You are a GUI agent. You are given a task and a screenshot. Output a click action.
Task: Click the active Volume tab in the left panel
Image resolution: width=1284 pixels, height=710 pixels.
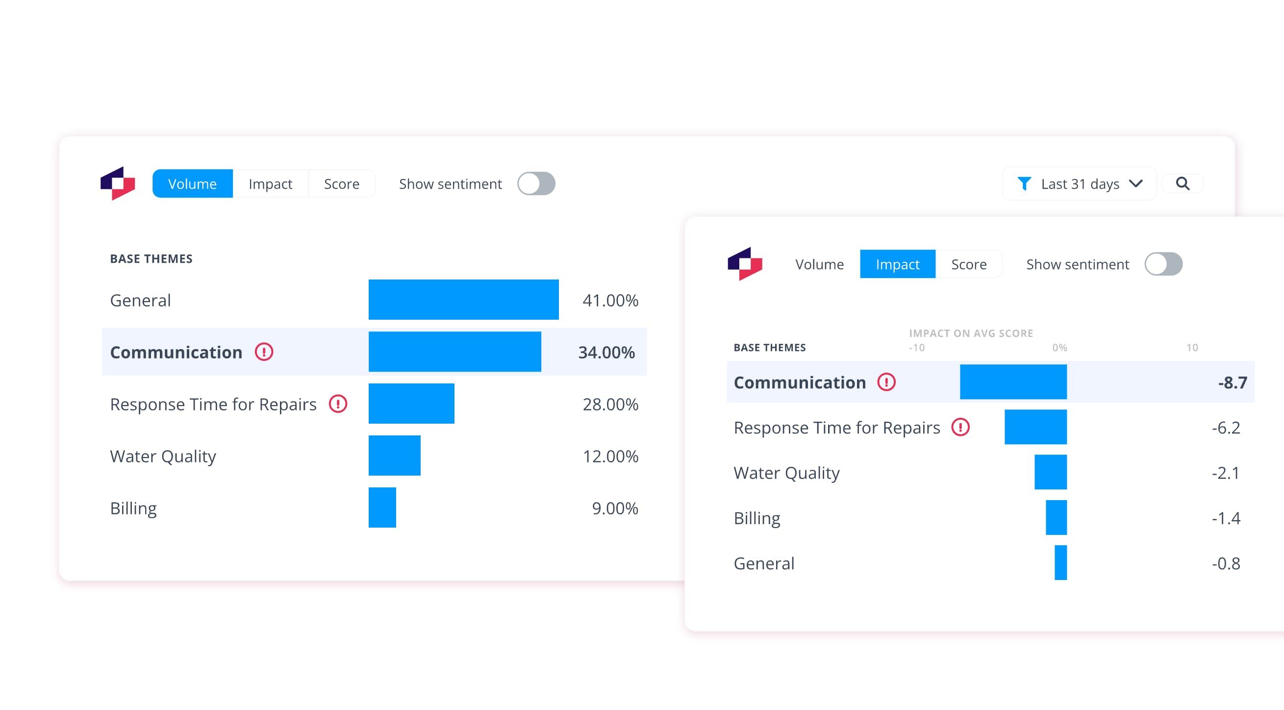point(192,184)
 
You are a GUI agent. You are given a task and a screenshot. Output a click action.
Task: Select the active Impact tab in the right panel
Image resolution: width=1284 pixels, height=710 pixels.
point(897,264)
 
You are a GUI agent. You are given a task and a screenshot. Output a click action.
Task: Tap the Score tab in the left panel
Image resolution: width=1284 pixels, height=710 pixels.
point(341,184)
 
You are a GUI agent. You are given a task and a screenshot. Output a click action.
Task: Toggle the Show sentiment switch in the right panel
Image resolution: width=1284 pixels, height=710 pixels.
point(1163,264)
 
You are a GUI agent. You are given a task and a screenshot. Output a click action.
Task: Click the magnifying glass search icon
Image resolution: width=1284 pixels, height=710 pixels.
point(1183,184)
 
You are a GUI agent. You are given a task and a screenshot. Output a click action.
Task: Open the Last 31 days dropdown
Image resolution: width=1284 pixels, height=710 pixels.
point(1079,184)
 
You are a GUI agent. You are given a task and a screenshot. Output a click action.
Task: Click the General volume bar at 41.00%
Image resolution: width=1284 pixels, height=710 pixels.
point(463,300)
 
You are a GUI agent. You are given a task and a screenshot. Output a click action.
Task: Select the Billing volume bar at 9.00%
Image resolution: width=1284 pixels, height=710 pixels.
point(382,507)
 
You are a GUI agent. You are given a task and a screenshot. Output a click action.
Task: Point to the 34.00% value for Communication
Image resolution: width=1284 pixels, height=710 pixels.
point(606,353)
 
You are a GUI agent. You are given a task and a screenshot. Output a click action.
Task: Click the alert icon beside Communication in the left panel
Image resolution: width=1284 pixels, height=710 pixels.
point(264,352)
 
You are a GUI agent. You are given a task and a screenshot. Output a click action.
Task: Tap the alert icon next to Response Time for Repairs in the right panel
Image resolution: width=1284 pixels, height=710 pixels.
point(960,427)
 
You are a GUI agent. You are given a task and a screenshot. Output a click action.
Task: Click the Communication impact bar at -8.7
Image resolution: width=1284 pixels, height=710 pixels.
point(1013,382)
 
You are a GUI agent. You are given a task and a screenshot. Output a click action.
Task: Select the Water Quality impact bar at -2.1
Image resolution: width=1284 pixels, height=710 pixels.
point(1050,472)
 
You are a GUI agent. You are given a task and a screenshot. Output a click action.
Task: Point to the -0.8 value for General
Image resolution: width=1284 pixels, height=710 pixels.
point(1226,563)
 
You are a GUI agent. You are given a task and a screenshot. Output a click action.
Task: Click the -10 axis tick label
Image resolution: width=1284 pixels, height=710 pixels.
point(916,348)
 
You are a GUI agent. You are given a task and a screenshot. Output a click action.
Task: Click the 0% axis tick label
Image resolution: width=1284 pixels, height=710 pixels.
point(1059,348)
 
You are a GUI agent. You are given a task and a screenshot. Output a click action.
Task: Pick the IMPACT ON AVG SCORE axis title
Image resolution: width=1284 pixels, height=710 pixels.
point(971,333)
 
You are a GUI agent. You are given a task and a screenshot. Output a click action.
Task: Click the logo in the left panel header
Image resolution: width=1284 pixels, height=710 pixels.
point(118,183)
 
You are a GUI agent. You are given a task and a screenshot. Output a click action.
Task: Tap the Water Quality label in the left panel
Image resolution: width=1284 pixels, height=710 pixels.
point(163,456)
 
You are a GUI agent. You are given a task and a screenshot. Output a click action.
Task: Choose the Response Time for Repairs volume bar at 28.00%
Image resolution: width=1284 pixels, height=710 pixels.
point(411,404)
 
